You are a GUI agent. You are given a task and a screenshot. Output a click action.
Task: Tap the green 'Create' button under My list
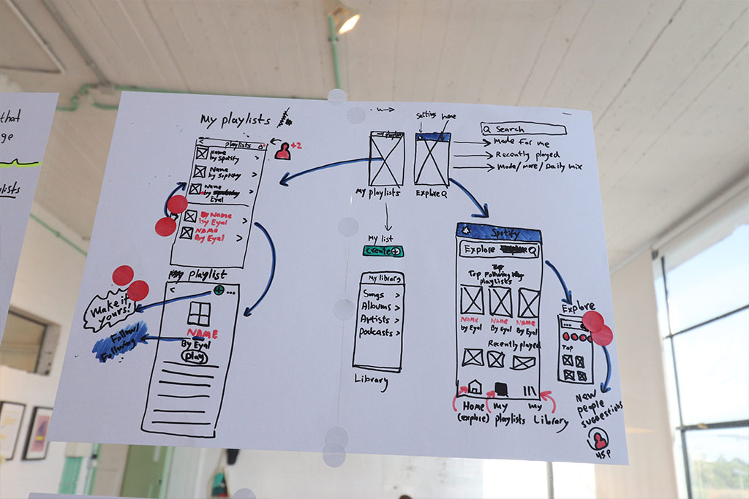click(x=383, y=251)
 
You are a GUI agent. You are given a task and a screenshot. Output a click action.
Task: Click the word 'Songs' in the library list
click(x=374, y=294)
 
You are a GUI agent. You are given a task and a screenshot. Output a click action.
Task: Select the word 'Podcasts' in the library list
click(x=377, y=332)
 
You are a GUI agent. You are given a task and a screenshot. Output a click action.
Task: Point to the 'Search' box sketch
click(x=524, y=129)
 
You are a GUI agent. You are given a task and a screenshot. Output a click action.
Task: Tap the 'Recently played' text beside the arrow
click(x=527, y=155)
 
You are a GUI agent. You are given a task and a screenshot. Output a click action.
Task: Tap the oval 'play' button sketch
click(x=195, y=357)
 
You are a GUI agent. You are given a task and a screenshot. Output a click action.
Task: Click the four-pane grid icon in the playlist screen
click(x=198, y=313)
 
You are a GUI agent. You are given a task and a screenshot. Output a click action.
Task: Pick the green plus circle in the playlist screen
click(x=219, y=290)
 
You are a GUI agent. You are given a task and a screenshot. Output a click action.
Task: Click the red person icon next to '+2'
click(x=282, y=151)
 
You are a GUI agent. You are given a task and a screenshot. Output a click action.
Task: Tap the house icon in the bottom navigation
click(x=474, y=387)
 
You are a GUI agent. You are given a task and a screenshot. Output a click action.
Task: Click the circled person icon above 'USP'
click(x=600, y=440)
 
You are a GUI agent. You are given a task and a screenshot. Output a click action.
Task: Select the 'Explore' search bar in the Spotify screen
click(x=499, y=250)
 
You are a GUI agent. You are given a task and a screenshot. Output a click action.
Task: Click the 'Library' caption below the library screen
click(x=372, y=381)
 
